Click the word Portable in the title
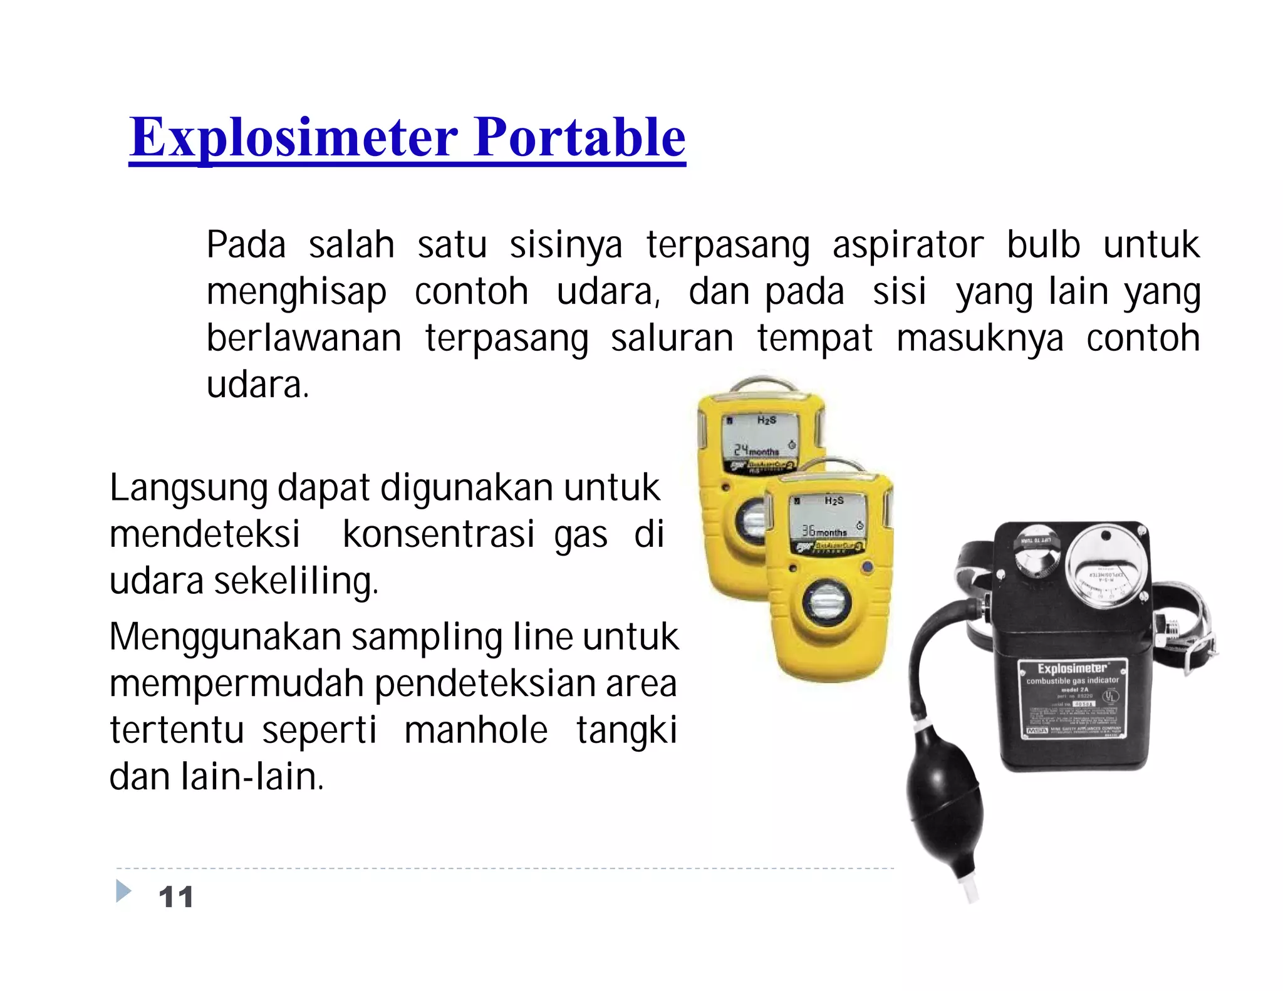(x=579, y=138)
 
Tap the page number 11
(x=176, y=897)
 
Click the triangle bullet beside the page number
(x=123, y=891)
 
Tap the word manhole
(x=475, y=730)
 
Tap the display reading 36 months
(x=824, y=531)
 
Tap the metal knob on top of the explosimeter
(x=1036, y=552)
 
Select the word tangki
(x=626, y=730)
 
